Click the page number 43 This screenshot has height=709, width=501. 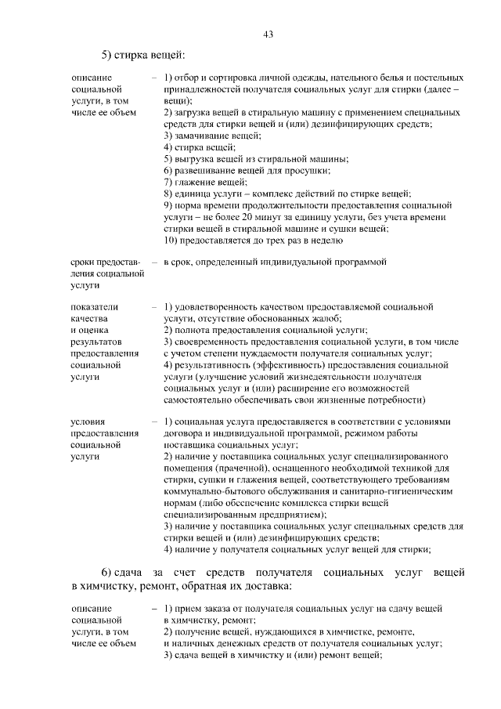pos(268,34)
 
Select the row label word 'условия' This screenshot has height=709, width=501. pos(88,422)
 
